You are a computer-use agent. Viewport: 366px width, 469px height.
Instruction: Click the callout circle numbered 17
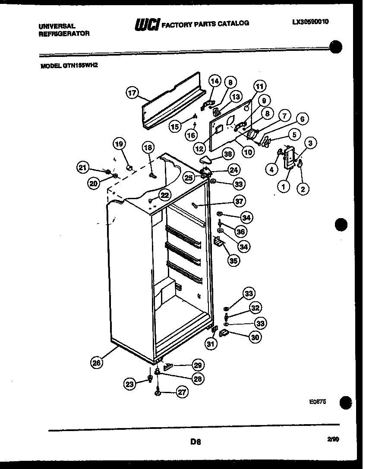click(132, 92)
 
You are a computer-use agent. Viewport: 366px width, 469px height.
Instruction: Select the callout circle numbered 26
click(98, 363)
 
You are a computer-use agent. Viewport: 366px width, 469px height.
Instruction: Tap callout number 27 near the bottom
click(182, 392)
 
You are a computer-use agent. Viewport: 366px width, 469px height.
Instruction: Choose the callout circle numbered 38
click(228, 153)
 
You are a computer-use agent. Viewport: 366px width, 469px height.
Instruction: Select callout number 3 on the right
click(310, 143)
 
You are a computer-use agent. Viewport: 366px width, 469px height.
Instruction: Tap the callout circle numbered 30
click(255, 337)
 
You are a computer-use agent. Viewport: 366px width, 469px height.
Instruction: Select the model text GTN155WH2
click(85, 66)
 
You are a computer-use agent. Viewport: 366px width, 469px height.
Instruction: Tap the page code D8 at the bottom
click(196, 441)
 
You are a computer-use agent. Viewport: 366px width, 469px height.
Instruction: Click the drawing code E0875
click(317, 401)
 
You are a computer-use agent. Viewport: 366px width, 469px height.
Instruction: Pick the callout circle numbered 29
click(197, 365)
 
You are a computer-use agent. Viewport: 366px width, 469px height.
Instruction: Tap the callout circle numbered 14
click(215, 81)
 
